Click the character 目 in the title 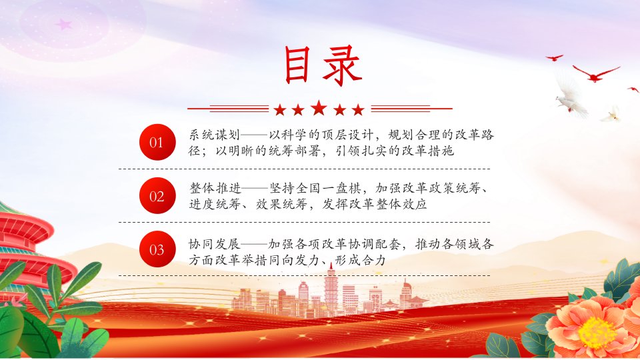[x=297, y=65]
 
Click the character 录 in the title [x=342, y=65]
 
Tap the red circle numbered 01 [x=157, y=143]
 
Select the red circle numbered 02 [x=157, y=196]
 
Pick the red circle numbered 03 [x=157, y=249]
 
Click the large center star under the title [x=319, y=108]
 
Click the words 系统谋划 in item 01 [x=214, y=135]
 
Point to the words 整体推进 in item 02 [x=215, y=188]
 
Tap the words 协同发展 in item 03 [x=214, y=244]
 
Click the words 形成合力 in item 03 [x=360, y=260]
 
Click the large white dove [x=571, y=97]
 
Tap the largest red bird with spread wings [x=595, y=73]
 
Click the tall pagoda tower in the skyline [x=331, y=291]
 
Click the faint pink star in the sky [x=64, y=25]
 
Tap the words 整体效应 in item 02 [x=401, y=204]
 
